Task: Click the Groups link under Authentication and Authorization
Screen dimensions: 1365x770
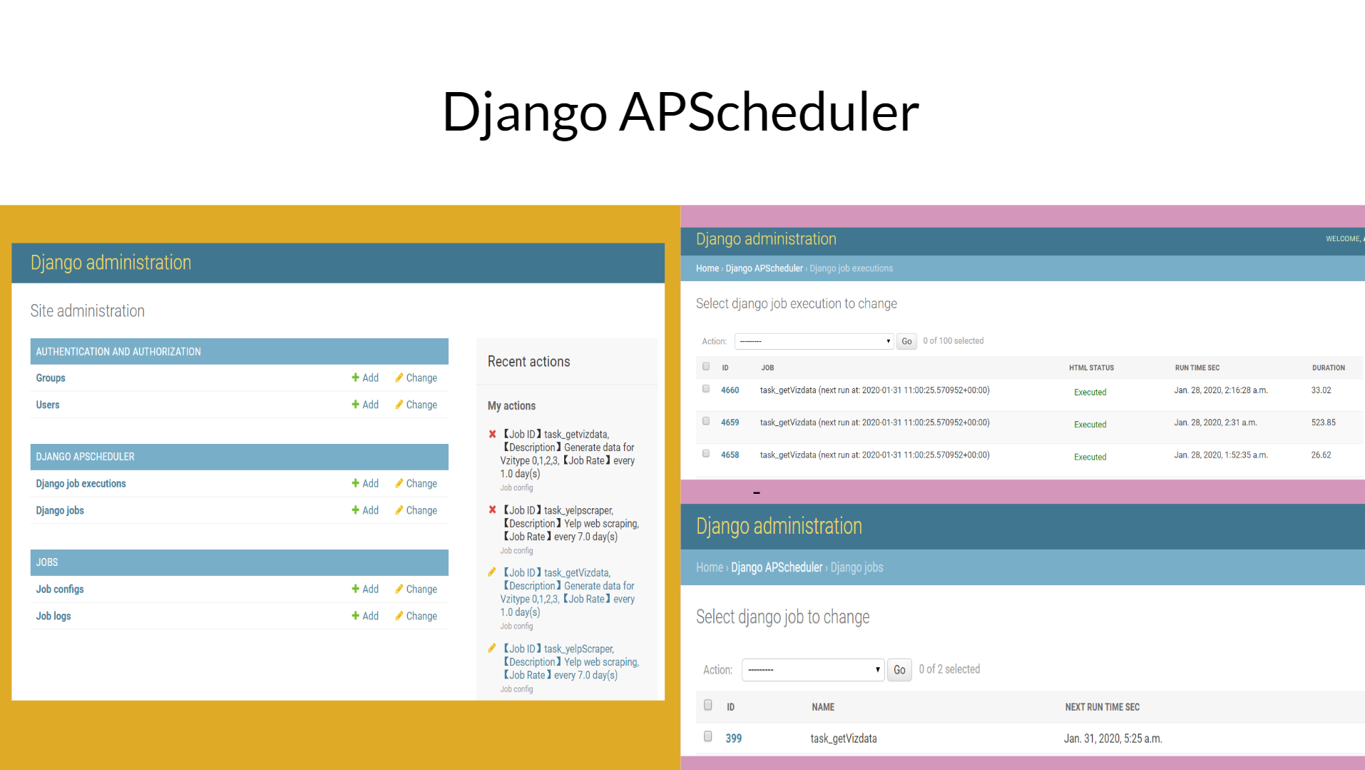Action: click(51, 378)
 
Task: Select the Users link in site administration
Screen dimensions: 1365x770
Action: click(48, 405)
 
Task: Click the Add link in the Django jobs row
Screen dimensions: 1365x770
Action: click(365, 510)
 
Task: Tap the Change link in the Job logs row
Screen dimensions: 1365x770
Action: click(416, 616)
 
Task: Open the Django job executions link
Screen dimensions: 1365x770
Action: click(81, 483)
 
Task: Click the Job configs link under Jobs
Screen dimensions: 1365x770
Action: click(60, 589)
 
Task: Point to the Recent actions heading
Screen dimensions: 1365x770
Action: click(528, 361)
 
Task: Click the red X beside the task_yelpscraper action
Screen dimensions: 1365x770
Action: click(492, 510)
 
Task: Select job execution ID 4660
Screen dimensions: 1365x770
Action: click(730, 390)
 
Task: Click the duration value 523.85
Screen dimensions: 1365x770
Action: click(1323, 422)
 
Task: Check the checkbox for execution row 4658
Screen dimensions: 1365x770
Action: click(706, 453)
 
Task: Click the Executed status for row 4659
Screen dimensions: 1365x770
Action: click(1090, 425)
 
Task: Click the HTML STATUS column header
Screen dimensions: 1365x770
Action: click(1091, 368)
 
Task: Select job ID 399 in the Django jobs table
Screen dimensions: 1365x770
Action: click(733, 739)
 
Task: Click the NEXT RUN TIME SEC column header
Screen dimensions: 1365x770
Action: click(1102, 707)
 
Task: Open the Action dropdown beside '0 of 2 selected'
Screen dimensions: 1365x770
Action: click(813, 669)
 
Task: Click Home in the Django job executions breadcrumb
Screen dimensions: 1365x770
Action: click(707, 268)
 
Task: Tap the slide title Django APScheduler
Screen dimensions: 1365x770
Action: click(680, 112)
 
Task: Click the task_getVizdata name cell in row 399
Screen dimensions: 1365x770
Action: click(844, 739)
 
